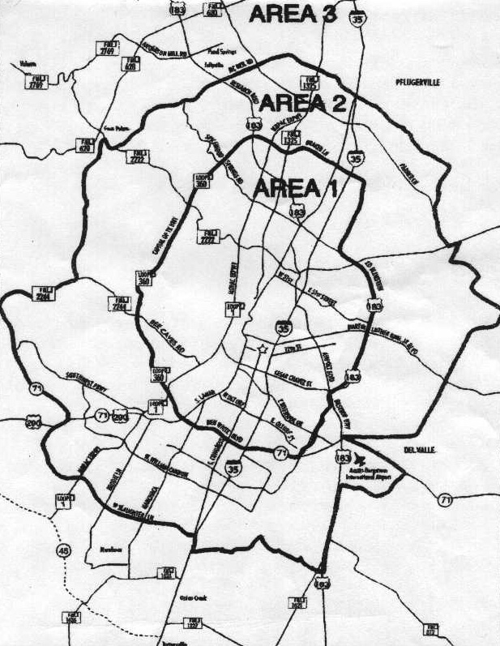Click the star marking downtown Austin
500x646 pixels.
click(262, 349)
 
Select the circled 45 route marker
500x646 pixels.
click(62, 550)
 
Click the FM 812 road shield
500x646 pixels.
click(430, 629)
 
